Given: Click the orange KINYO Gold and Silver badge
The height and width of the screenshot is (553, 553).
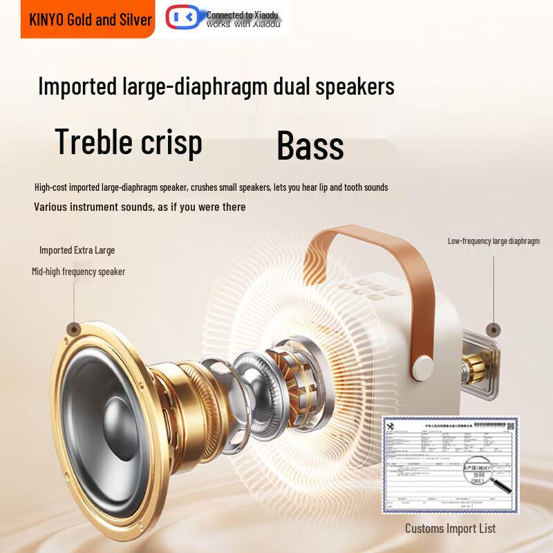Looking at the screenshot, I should [x=90, y=19].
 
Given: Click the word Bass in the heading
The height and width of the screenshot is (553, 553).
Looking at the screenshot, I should [x=310, y=146].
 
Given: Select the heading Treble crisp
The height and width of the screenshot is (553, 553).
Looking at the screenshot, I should [x=129, y=142].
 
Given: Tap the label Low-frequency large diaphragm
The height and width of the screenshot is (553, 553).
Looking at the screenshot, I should [x=494, y=241].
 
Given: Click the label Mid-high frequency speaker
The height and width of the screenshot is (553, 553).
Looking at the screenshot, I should [x=78, y=272].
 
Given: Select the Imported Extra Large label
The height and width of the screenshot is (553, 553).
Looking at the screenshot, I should [x=77, y=250].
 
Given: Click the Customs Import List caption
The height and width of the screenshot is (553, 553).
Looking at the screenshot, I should [x=450, y=529].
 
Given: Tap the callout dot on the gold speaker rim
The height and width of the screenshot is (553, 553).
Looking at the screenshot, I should [x=73, y=330].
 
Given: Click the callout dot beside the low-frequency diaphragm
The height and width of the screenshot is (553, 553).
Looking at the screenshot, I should [x=493, y=330].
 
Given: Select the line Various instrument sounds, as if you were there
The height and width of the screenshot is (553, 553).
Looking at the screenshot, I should [x=140, y=207].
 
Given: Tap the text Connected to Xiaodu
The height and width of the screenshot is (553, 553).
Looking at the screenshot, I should [x=238, y=15].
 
